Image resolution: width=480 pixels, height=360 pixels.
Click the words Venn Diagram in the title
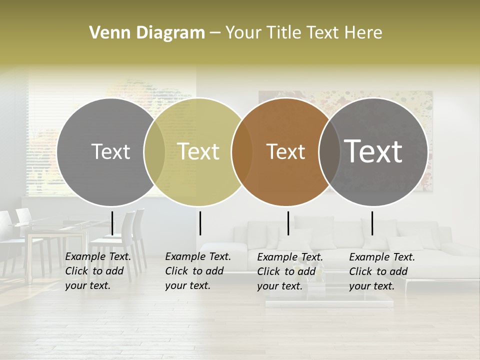[x=147, y=33]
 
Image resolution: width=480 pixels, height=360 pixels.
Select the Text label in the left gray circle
[x=110, y=151]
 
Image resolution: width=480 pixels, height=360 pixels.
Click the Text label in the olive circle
[x=198, y=151]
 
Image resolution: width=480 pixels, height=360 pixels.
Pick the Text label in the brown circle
[x=285, y=151]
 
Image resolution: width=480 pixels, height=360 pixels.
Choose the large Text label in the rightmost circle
[x=373, y=151]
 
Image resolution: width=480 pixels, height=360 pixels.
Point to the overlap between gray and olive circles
[x=154, y=151]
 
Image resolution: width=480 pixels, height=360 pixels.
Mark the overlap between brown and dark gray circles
[x=328, y=151]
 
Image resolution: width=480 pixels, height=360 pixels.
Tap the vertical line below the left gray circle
[x=112, y=223]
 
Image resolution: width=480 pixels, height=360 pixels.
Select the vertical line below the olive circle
[x=200, y=223]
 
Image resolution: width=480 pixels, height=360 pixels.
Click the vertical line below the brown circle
[x=288, y=223]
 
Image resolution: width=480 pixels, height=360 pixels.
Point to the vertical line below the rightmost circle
[x=372, y=223]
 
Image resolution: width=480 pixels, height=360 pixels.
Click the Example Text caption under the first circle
[x=97, y=271]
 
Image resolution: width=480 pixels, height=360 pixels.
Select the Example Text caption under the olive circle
[x=197, y=271]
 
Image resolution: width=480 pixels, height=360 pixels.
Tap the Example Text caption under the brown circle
[x=289, y=271]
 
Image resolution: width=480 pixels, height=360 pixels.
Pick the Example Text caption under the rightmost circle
[x=381, y=271]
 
